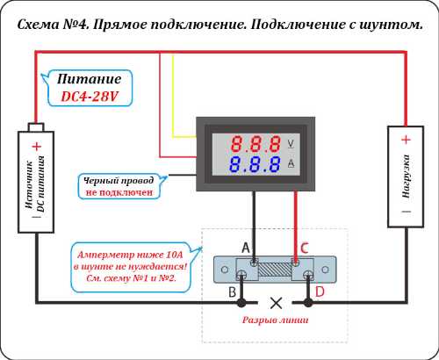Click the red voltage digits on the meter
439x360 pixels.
pyautogui.click(x=255, y=144)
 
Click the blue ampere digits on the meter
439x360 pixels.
pyautogui.click(x=255, y=164)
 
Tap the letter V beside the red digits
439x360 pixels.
pyautogui.click(x=291, y=144)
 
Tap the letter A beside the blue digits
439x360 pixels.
pyautogui.click(x=291, y=163)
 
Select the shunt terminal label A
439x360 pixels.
pyautogui.click(x=246, y=248)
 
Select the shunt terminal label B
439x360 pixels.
pyautogui.click(x=233, y=292)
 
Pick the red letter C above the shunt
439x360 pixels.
pyautogui.click(x=305, y=248)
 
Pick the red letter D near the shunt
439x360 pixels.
pyautogui.click(x=320, y=292)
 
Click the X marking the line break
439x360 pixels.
pyautogui.click(x=276, y=303)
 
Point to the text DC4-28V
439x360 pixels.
pyautogui.click(x=90, y=96)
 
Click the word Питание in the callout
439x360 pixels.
pyautogui.click(x=89, y=79)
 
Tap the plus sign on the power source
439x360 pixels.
pyautogui.click(x=37, y=146)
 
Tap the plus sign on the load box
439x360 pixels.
pyautogui.click(x=406, y=140)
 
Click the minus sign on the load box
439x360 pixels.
pyautogui.click(x=407, y=212)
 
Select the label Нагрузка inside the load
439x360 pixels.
pyautogui.click(x=406, y=176)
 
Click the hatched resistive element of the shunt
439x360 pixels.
pyautogui.click(x=275, y=270)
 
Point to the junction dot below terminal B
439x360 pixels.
pyautogui.click(x=241, y=303)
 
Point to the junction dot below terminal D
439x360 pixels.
pyautogui.click(x=308, y=303)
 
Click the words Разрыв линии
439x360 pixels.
pyautogui.click(x=275, y=320)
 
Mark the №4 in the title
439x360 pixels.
pyautogui.click(x=76, y=25)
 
